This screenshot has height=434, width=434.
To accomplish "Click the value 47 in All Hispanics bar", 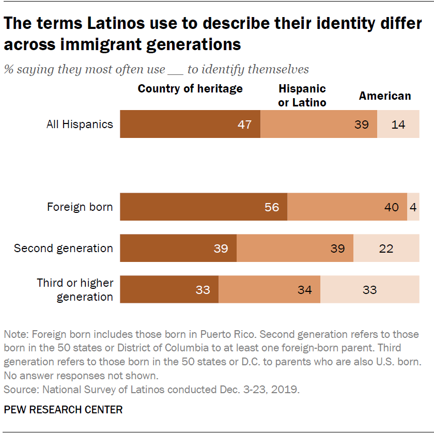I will [x=245, y=125].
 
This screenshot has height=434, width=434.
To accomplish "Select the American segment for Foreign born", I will [x=413, y=207].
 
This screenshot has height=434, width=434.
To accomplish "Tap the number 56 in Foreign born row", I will [x=272, y=207].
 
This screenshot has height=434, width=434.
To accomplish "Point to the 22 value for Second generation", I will [x=386, y=249].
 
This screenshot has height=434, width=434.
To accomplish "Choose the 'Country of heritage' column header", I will [x=190, y=89].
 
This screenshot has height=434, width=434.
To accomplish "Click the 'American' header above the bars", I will [x=385, y=96].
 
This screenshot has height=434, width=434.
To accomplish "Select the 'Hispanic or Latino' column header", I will [x=302, y=96].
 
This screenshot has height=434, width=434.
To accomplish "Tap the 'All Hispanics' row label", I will [x=80, y=124].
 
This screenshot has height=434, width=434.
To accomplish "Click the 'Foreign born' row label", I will [x=80, y=207].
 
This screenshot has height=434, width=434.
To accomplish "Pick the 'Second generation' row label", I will [x=63, y=249].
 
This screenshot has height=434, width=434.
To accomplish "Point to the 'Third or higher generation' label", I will [x=75, y=290].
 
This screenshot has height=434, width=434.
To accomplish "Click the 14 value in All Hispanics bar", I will [x=398, y=125].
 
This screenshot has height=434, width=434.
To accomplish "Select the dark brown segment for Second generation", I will [x=178, y=249].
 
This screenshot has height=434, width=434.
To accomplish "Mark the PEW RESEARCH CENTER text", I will [x=63, y=410].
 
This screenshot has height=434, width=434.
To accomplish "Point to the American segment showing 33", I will [x=370, y=290].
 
